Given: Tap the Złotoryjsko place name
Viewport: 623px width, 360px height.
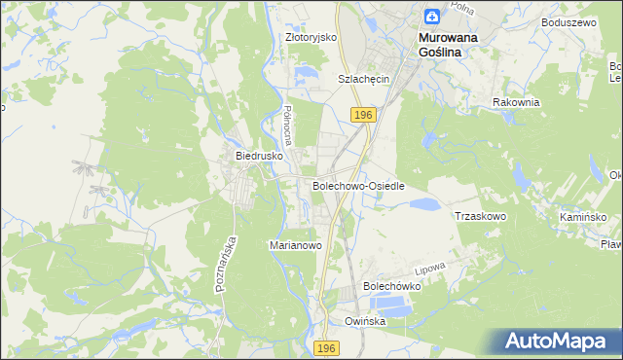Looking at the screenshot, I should pyautogui.click(x=311, y=37).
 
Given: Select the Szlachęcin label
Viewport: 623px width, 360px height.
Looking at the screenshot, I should pyautogui.click(x=363, y=79).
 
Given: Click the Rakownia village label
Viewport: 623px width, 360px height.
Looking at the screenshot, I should pyautogui.click(x=516, y=102).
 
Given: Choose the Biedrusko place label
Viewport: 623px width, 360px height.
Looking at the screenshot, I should pyautogui.click(x=259, y=155).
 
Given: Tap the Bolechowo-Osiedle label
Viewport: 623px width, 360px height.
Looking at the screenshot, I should pyautogui.click(x=357, y=185).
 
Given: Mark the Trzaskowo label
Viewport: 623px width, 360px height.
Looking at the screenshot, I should pyautogui.click(x=481, y=216).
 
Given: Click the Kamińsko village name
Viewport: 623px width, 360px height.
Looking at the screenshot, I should pyautogui.click(x=583, y=216).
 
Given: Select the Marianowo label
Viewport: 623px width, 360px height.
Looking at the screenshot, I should pyautogui.click(x=295, y=246).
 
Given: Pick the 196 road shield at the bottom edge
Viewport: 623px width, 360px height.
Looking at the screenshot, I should pyautogui.click(x=328, y=348).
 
